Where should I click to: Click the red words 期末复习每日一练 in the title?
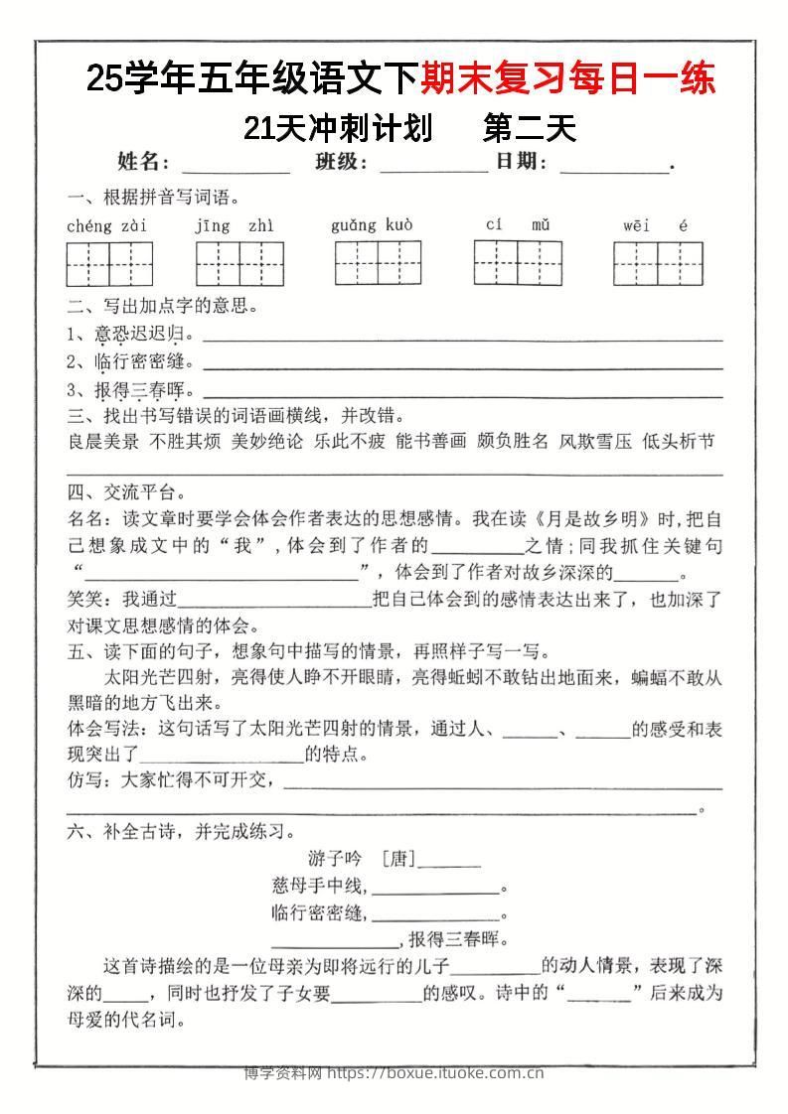[x=567, y=79]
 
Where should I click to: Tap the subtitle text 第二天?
[x=528, y=129]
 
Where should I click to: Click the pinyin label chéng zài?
[x=107, y=226]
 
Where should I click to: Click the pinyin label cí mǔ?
[x=518, y=225]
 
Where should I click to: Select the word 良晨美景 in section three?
[x=103, y=442]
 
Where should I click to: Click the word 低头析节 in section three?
[x=679, y=442]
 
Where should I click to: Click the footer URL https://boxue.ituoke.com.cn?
[x=434, y=1072]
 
